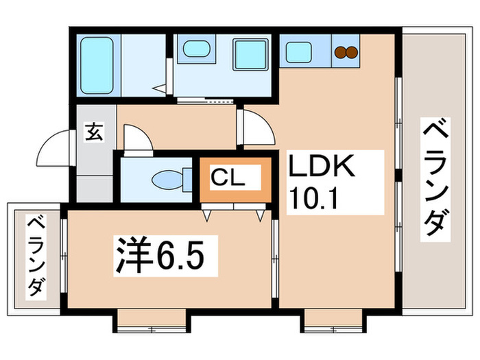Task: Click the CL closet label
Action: pyautogui.click(x=226, y=178)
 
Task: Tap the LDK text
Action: pyautogui.click(x=324, y=167)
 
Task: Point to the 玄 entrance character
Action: pyautogui.click(x=93, y=132)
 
